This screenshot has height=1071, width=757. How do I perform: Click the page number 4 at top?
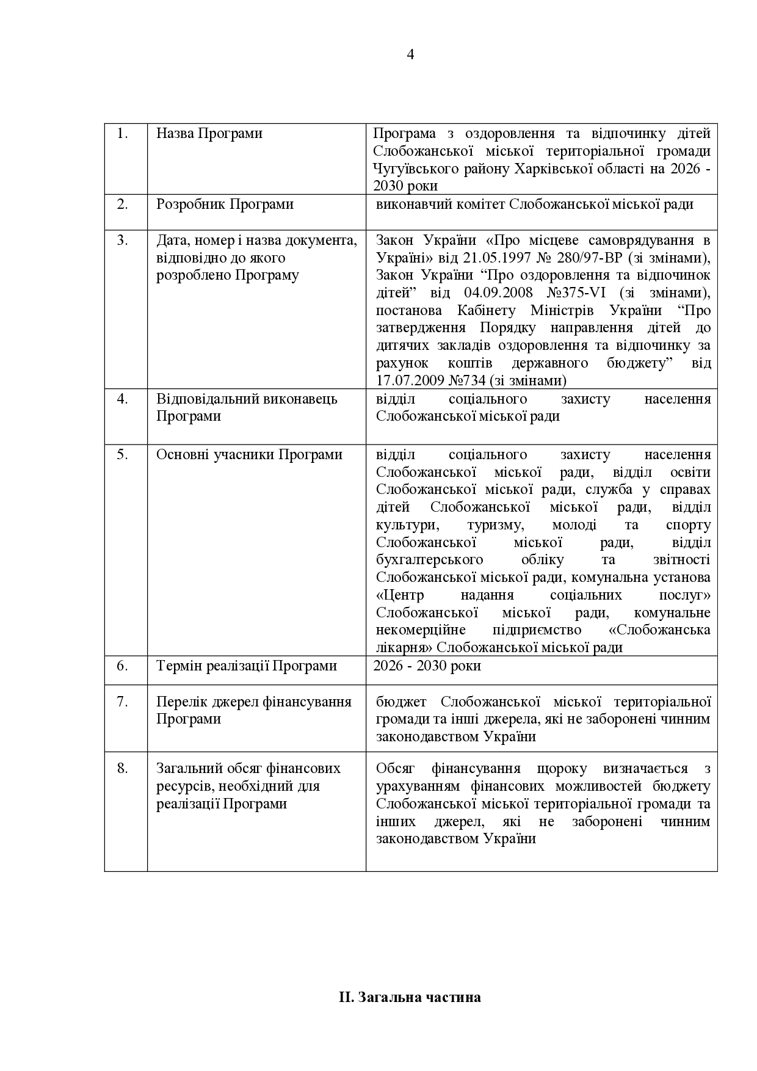click(410, 55)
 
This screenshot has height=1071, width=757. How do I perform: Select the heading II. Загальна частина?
click(410, 998)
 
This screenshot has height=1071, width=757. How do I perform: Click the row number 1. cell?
click(123, 133)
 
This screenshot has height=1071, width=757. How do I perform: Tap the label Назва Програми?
click(209, 133)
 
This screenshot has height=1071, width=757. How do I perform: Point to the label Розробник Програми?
click(225, 204)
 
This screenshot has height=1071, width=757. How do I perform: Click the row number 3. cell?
click(123, 240)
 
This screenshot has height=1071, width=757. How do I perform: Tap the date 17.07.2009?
click(409, 381)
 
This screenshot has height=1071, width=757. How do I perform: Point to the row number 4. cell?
click(123, 399)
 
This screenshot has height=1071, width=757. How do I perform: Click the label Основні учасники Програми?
click(249, 455)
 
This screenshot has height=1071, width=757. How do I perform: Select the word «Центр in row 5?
click(400, 595)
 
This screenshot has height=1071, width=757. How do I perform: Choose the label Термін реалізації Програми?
click(247, 666)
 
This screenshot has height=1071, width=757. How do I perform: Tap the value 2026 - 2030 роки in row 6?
click(427, 666)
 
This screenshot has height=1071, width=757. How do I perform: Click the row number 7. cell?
click(123, 702)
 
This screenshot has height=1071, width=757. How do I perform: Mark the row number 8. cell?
click(123, 768)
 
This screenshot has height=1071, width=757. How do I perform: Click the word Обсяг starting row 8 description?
click(396, 769)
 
